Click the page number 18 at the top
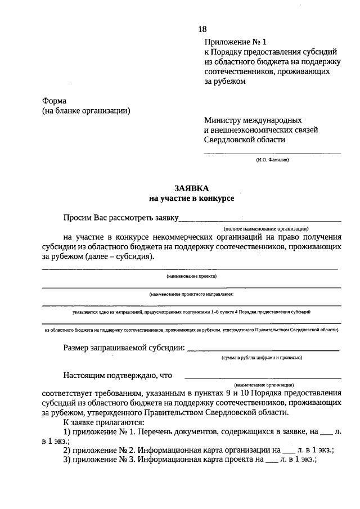pyautogui.click(x=202, y=29)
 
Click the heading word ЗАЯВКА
pyautogui.click(x=191, y=189)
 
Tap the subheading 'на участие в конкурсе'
pyautogui.click(x=191, y=199)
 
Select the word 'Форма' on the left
pyautogui.click(x=54, y=101)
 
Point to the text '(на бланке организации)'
pyautogui.click(x=85, y=111)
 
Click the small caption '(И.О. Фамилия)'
pyautogui.click(x=272, y=160)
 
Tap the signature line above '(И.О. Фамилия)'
pyautogui.click(x=272, y=153)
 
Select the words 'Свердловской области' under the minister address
pyautogui.click(x=244, y=140)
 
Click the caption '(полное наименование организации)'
pyautogui.click(x=265, y=229)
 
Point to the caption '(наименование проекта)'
pyautogui.click(x=191, y=276)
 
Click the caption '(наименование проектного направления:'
pyautogui.click(x=191, y=294)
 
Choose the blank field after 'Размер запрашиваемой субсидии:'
pyautogui.click(x=263, y=349)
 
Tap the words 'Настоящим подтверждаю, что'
pyautogui.click(x=118, y=375)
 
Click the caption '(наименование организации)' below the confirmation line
pyautogui.click(x=263, y=384)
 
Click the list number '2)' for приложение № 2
pyautogui.click(x=66, y=450)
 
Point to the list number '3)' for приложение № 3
pyautogui.click(x=66, y=460)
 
